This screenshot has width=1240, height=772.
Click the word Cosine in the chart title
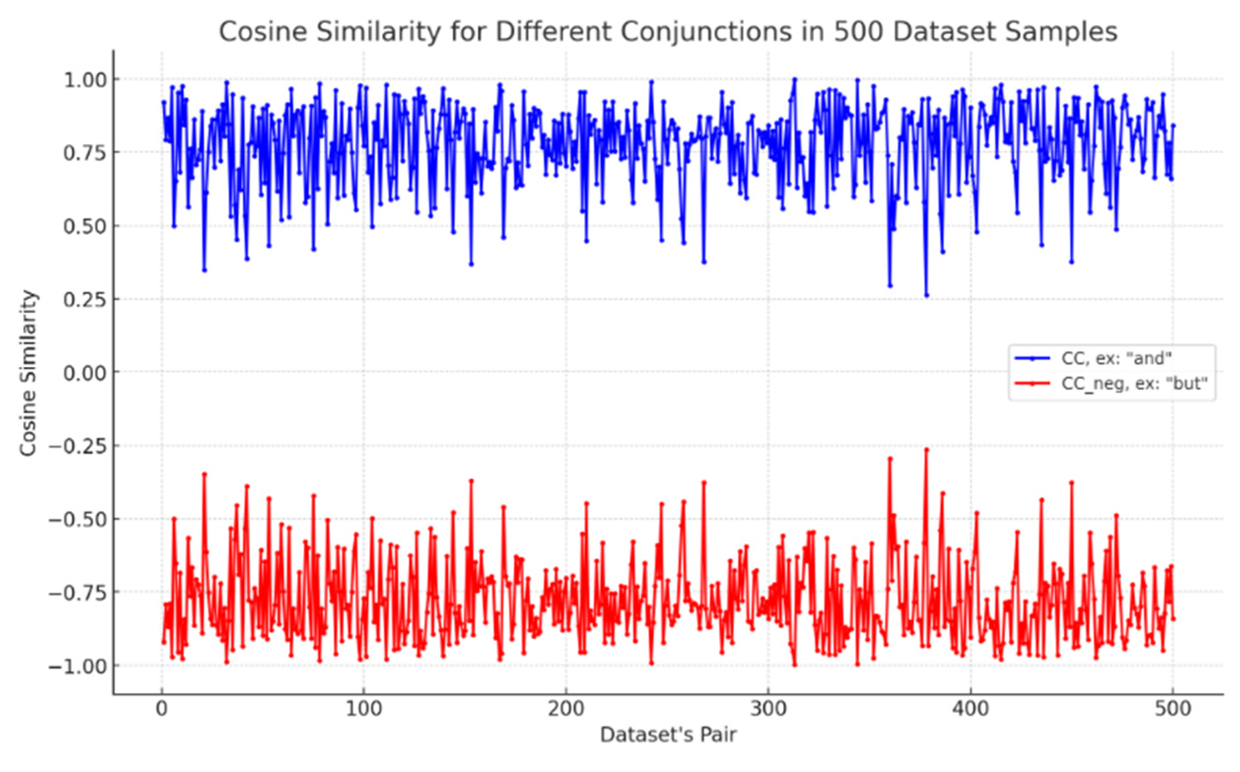tap(263, 32)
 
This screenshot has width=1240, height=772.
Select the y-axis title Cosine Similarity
tap(28, 373)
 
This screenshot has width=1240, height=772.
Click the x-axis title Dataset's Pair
tap(668, 735)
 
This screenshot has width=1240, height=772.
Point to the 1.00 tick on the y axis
tap(85, 80)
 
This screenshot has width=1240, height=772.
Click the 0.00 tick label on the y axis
tap(85, 373)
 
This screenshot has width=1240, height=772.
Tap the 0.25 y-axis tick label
tap(85, 300)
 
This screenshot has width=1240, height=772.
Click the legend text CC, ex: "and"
tap(1116, 359)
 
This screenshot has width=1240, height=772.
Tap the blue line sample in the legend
tap(1032, 359)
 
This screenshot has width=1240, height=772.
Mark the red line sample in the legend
tap(1032, 383)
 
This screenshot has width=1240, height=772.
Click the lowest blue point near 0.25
tap(927, 296)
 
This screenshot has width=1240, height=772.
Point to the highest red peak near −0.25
tap(927, 450)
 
